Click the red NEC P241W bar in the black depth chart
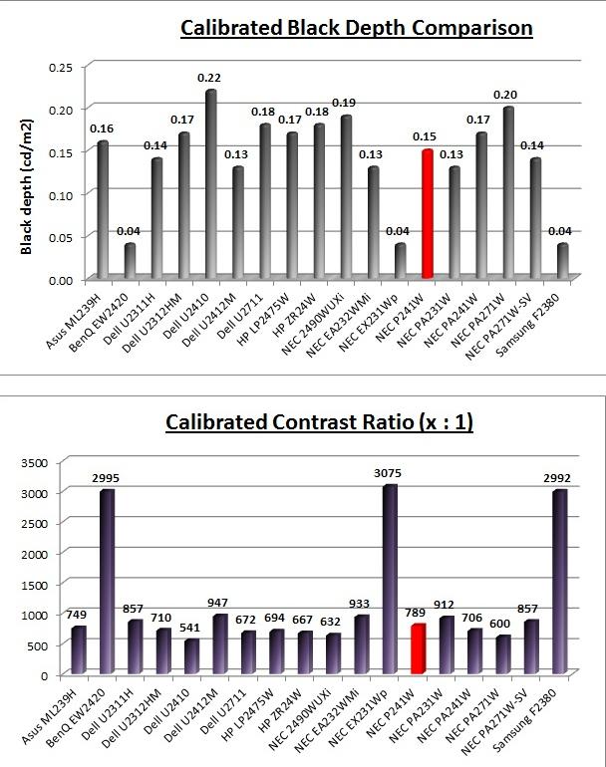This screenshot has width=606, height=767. pos(428,214)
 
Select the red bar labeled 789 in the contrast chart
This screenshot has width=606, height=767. pos(418,648)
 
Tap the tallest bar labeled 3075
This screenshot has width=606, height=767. pos(390,579)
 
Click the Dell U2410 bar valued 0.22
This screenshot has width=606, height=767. pos(211,184)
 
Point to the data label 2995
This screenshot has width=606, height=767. pos(106,478)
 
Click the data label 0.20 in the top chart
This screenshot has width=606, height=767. pos(505,95)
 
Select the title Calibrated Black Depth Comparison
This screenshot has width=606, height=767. pos(357,28)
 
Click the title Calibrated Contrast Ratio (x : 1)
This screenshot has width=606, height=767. pos(319,422)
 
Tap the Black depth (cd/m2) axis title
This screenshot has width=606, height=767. pos(27,187)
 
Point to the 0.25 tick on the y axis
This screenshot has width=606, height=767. pos(61,68)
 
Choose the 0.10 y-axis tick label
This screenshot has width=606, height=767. pos(61,195)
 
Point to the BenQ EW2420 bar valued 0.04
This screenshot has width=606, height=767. pos(130,261)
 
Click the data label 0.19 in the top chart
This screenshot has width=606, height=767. pos(344,103)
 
